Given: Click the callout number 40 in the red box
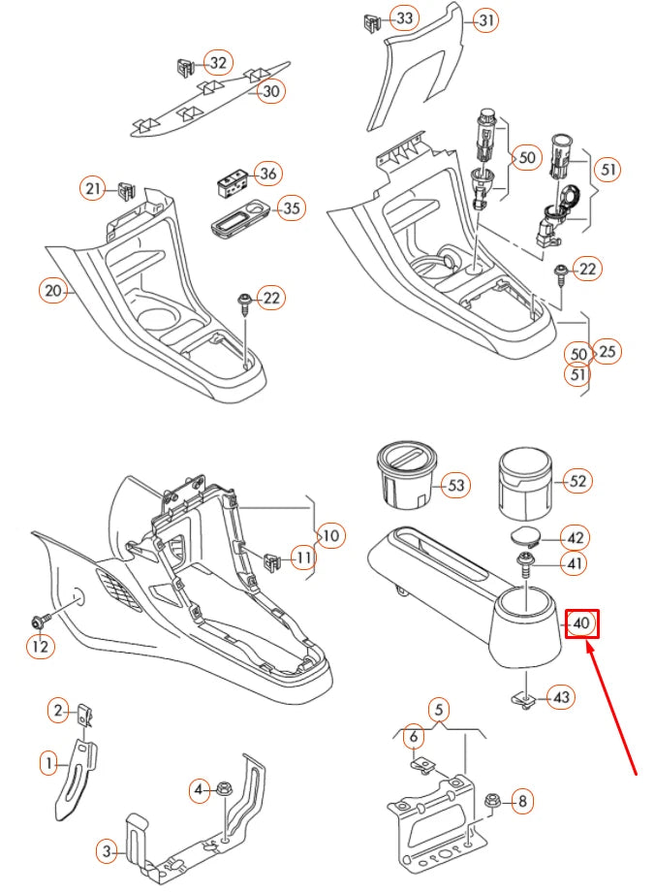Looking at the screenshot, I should coord(581,623).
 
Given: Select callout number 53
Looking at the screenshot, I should coord(455,486).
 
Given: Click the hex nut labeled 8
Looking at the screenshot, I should coord(490,801).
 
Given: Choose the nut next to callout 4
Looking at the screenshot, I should coord(224,791).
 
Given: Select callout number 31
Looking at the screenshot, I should coord(485,19).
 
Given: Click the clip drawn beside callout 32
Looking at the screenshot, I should coord(186,68).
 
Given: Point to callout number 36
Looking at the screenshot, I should coord(268,175).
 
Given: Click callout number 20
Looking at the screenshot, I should coord(53,290).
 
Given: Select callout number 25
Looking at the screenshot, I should coord(607,350).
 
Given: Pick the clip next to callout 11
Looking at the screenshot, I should coord(271,559).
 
